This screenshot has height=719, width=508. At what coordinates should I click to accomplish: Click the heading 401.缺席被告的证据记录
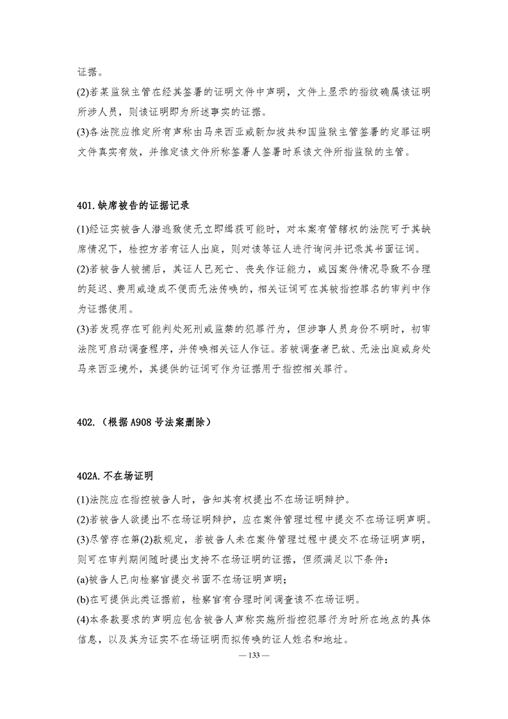pos(131,206)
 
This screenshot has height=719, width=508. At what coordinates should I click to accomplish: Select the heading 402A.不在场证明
pos(113,476)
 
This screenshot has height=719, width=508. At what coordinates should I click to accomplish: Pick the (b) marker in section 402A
pos(82,600)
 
